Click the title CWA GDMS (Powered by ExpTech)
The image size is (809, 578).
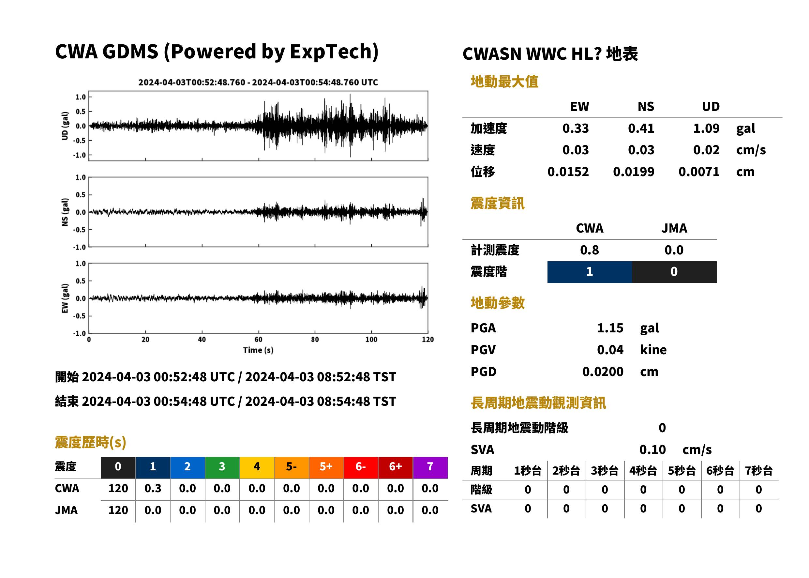point(217,52)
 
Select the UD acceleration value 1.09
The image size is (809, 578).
point(706,128)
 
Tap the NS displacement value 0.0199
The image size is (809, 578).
point(634,172)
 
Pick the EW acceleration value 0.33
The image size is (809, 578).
point(575,128)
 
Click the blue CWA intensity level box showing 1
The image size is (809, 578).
point(590,272)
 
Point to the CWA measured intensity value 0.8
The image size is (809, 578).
point(590,250)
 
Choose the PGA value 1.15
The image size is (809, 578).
point(610,328)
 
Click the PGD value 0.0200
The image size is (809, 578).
point(603,372)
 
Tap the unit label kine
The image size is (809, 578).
point(653,350)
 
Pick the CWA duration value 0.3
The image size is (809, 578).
point(153,488)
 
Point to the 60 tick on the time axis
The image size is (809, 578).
point(258,340)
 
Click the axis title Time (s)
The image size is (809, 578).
point(258,350)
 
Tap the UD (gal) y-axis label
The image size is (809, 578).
point(65,126)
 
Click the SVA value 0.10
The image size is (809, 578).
point(652,450)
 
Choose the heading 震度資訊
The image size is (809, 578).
point(497,204)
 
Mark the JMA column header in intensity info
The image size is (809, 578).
point(674,228)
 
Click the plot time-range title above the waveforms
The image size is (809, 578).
point(258,83)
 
